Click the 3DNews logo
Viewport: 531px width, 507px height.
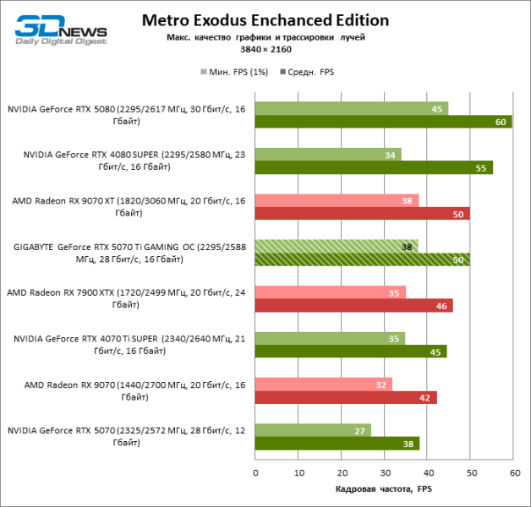(58, 29)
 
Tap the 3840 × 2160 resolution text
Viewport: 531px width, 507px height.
(265, 50)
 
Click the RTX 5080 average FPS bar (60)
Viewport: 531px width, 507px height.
(383, 122)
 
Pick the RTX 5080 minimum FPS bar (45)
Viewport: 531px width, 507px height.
(351, 108)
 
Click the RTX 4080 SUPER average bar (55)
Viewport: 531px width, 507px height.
(373, 167)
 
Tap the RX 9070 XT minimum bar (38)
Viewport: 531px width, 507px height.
(337, 200)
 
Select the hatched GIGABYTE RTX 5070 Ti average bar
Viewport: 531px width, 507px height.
(362, 259)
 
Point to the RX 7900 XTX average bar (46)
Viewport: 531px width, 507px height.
(353, 305)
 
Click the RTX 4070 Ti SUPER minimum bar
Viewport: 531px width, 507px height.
(330, 338)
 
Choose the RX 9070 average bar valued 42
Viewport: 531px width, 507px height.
(345, 397)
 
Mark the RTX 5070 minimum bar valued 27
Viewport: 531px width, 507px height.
(313, 430)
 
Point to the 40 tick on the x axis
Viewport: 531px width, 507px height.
(428, 472)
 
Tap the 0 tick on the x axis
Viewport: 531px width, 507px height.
(255, 472)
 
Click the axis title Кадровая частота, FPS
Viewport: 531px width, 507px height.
(383, 488)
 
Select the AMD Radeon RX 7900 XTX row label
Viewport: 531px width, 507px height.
(127, 298)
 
